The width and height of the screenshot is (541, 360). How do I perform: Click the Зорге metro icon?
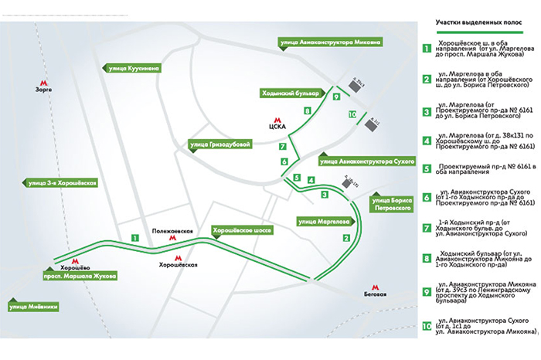click(x=43, y=80)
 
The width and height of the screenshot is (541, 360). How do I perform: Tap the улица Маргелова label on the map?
click(x=322, y=220)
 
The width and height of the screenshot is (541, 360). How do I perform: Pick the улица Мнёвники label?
click(x=29, y=307)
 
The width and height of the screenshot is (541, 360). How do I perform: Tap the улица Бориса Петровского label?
click(x=390, y=203)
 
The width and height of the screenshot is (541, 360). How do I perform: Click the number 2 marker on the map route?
click(x=345, y=238)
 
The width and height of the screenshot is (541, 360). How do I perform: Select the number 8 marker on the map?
click(x=308, y=111)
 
